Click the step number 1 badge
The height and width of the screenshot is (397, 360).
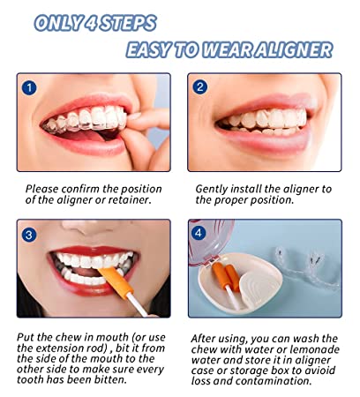coord(30,87)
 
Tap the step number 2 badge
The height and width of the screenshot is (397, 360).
coord(200,86)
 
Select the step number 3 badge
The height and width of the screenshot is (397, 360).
coord(30,234)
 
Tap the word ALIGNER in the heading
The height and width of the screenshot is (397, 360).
coord(292,49)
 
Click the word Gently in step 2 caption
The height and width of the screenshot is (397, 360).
coord(214,189)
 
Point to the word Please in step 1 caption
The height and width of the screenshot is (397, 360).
coord(44,189)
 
